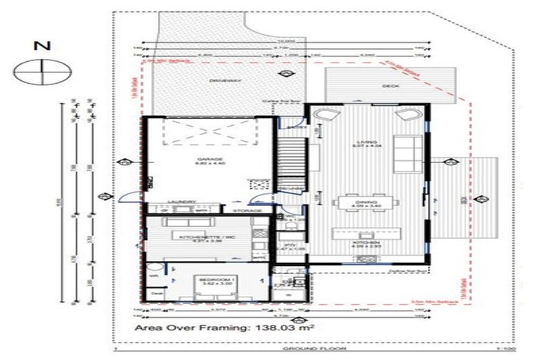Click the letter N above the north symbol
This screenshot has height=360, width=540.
[43, 46]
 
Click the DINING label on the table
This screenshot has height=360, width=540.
[368, 202]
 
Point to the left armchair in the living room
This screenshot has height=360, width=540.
[330, 117]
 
